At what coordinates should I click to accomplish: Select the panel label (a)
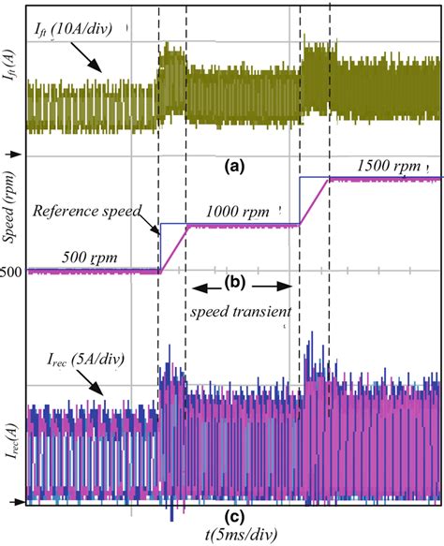point(233,167)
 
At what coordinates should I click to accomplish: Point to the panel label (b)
point(234,284)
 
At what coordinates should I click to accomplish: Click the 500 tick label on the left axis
point(12,273)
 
